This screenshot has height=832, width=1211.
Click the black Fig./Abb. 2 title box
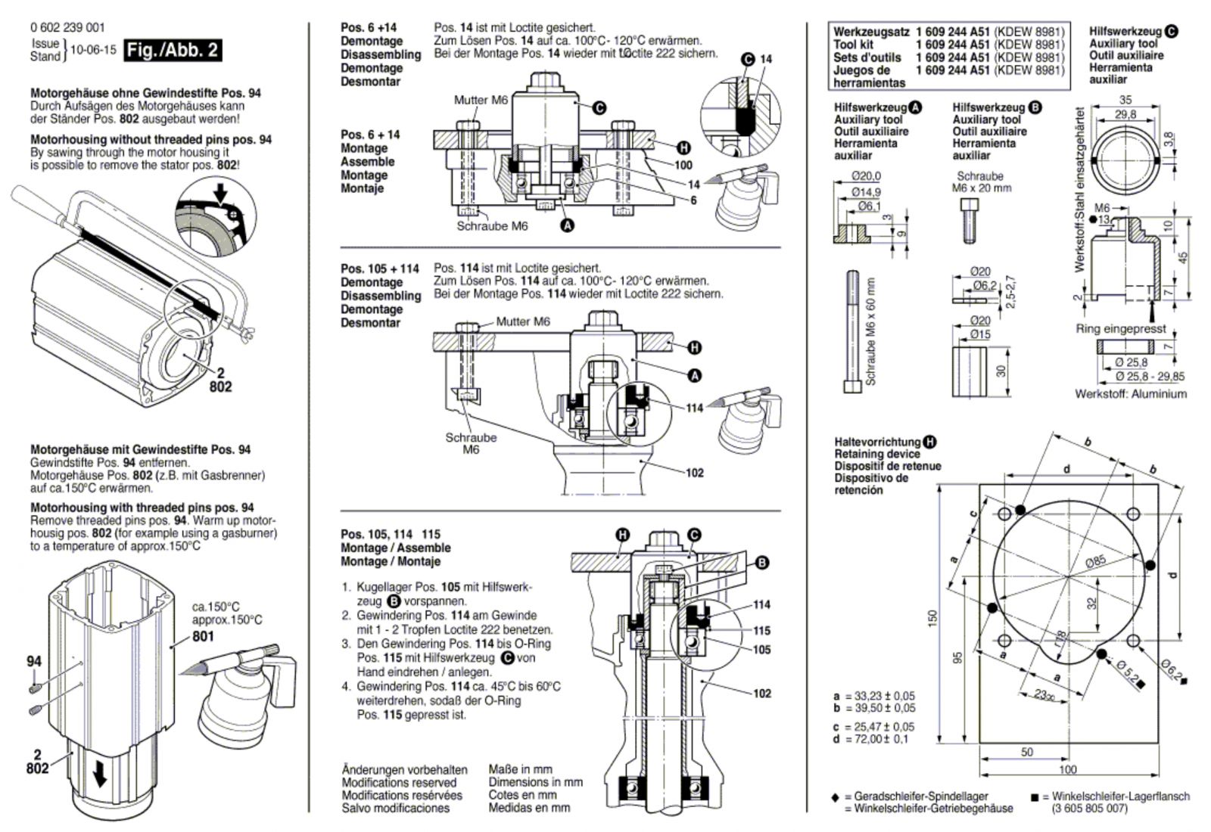point(173,50)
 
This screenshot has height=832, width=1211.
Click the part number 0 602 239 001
point(67,28)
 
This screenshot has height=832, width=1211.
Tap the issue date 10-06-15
point(93,50)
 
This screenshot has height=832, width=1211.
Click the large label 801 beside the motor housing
point(203,636)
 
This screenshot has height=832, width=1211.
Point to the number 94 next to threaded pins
point(34,661)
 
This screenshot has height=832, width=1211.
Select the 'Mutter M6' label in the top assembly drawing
point(481,100)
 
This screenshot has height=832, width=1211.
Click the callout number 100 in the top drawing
point(683,165)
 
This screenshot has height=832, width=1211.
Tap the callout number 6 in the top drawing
point(693,200)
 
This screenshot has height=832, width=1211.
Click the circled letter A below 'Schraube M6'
point(566,225)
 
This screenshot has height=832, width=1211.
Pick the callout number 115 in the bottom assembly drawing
point(761,630)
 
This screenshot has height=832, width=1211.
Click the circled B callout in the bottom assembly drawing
point(762,563)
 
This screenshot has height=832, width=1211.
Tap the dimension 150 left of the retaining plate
point(933,618)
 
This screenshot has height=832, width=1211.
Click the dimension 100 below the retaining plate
point(1067,770)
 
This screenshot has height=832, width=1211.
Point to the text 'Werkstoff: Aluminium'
point(1131,394)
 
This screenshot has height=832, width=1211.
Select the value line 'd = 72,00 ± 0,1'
point(873,739)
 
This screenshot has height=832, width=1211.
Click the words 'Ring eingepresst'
point(1121,329)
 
